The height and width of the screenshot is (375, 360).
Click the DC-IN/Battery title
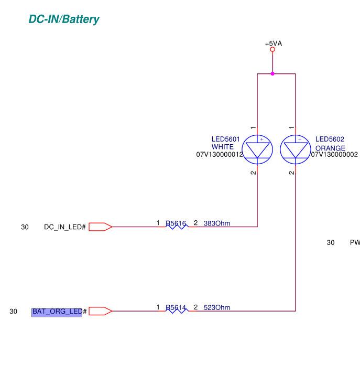[64, 20]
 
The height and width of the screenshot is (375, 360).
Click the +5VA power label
[273, 44]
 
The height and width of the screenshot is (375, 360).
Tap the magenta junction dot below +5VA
[272, 74]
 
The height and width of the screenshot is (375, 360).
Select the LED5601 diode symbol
[258, 149]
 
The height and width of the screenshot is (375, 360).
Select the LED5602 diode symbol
[295, 149]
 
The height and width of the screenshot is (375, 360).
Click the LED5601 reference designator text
[225, 140]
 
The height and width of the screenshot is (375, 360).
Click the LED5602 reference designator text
[330, 140]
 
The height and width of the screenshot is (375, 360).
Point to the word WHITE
[223, 147]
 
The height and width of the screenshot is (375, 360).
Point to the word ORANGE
[330, 148]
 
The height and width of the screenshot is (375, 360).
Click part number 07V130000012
[220, 155]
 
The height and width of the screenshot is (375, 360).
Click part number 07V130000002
[334, 155]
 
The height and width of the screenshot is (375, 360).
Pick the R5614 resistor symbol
[177, 310]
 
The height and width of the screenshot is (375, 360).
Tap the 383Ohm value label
[216, 223]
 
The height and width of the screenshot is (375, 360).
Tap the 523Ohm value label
[216, 308]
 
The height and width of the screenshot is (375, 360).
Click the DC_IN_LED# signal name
[65, 227]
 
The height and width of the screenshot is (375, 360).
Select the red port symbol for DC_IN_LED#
[100, 227]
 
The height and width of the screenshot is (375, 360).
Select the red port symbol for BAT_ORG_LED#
[100, 311]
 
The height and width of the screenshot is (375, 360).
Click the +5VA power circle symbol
[272, 49]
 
